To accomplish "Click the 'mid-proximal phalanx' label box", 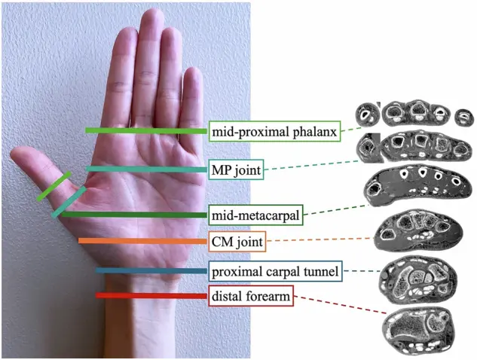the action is coord(275,131).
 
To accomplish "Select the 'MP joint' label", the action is coord(237,169).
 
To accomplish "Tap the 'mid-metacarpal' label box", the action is coord(256,215).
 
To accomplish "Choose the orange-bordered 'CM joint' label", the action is coord(237,242).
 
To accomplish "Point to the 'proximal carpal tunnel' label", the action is coord(275,271).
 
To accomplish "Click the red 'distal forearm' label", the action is coord(251,295).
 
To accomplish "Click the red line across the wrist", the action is coord(151,295).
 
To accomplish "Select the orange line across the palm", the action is coord(143,241).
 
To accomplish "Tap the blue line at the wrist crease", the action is coord(151,270).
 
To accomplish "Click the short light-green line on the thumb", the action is coord(54,186).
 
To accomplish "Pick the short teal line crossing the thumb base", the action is coord(69,202).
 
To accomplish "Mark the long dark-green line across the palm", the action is coord(135,215).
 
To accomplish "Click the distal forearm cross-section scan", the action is coord(418,331).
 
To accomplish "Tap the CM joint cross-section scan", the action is coord(418,230).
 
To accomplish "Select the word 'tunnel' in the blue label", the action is coord(319,271).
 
